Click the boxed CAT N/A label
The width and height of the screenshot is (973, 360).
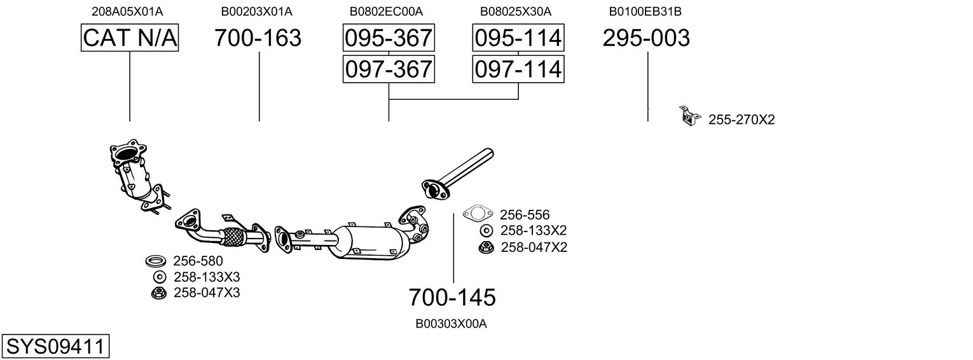130,38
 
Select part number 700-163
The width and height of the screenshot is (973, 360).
258,38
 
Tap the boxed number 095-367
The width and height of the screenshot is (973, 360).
388,38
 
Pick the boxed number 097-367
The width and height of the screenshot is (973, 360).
388,69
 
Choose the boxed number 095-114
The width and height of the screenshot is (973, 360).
518,38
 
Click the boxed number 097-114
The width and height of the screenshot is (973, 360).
518,69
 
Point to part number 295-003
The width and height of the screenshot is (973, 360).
645,38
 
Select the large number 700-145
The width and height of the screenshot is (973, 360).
452,297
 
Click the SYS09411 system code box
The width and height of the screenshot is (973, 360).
55,347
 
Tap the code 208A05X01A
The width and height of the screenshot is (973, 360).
127,11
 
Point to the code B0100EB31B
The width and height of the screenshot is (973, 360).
645,11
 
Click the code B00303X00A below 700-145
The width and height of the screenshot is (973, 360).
451,324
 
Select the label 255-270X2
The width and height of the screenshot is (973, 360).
742,119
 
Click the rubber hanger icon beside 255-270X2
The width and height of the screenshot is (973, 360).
688,116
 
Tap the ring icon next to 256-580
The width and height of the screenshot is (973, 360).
156,261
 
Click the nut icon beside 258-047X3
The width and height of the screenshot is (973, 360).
159,293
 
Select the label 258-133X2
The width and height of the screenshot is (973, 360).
533,230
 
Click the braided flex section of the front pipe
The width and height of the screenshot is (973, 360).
233,237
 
